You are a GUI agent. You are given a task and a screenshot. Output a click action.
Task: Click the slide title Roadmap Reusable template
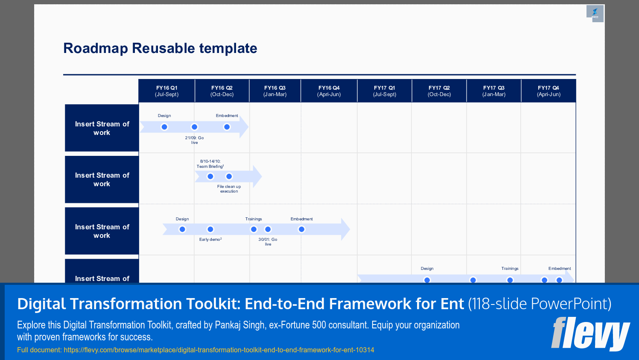[160, 48]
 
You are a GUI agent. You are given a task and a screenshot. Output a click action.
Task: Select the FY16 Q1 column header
[166, 91]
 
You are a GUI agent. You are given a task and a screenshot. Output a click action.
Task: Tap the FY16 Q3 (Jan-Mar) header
[275, 91]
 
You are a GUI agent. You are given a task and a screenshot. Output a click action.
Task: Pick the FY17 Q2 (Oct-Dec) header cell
[439, 91]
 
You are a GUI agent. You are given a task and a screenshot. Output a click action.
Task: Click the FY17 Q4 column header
[549, 91]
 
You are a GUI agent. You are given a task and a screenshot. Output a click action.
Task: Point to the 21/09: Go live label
[194, 140]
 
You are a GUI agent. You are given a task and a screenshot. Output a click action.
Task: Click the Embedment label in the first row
[227, 116]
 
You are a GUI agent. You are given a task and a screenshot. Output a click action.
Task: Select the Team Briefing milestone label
[210, 164]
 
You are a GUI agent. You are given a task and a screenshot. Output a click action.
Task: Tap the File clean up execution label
[229, 189]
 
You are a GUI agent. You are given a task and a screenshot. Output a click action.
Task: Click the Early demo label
[210, 240]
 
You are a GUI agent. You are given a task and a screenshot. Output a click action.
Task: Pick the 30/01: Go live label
[268, 242]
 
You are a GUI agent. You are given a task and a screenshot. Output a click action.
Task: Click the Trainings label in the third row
[254, 219]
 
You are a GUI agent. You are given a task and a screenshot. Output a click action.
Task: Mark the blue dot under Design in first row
[164, 127]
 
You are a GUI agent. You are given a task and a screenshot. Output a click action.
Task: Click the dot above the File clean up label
[229, 176]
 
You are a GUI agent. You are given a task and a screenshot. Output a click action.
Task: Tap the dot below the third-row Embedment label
[301, 229]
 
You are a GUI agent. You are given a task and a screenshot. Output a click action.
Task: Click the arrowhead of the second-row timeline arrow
[257, 176]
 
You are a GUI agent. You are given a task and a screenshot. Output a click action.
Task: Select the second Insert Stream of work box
[102, 179]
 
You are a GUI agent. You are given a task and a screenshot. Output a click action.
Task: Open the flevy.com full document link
[219, 350]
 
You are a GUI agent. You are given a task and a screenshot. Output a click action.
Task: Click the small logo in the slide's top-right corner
[595, 14]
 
